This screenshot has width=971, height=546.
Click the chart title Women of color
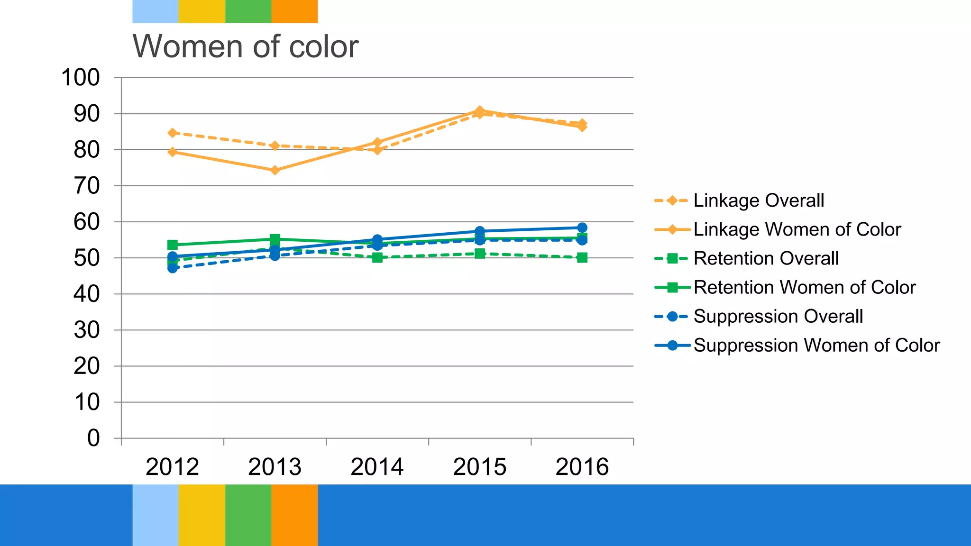245,46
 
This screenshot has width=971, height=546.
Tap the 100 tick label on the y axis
81,78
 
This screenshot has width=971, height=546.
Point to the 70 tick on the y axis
87,186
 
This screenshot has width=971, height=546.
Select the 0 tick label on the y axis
93,438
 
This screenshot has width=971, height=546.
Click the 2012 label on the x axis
172,467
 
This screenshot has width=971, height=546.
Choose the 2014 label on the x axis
377,467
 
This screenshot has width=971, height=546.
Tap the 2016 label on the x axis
582,467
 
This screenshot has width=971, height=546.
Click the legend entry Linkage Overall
758,200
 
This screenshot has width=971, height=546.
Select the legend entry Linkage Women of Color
797,229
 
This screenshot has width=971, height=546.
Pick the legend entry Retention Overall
766,258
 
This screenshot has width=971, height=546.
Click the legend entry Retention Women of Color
804,287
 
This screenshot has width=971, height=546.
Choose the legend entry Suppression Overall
778,316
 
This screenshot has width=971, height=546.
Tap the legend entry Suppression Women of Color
816,345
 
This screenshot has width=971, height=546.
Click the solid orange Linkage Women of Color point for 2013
275,170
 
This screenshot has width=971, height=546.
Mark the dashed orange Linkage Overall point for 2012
173,133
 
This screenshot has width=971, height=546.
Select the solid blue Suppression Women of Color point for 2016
582,227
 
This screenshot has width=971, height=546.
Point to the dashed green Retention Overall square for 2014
377,257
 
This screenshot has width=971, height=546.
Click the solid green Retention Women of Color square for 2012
173,245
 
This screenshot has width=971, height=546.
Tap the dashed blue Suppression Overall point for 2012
173,268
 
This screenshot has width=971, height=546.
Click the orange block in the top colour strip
294,11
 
